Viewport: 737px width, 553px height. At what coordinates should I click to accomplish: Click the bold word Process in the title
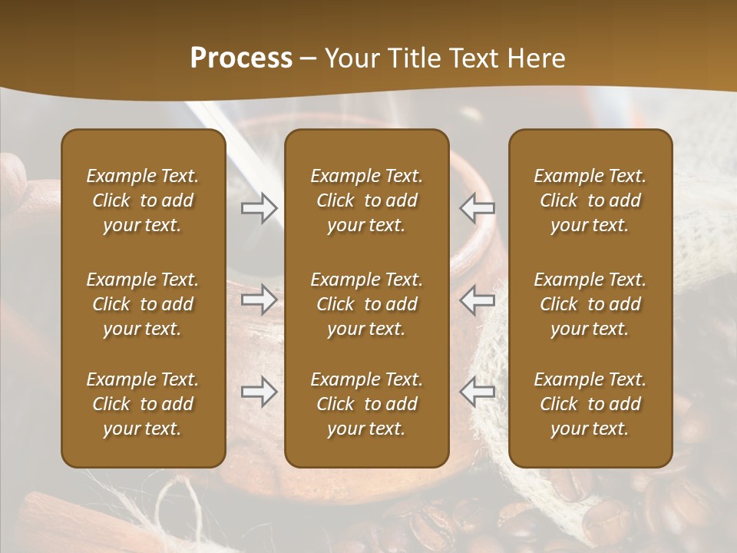click(241, 58)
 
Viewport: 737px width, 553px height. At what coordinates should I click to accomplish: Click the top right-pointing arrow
click(259, 208)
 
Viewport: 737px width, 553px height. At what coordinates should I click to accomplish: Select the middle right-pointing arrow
click(259, 299)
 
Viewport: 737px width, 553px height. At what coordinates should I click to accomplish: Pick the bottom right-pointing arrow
click(259, 392)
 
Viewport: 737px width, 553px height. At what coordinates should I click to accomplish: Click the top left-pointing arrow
click(478, 208)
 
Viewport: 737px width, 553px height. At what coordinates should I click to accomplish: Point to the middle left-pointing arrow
click(478, 299)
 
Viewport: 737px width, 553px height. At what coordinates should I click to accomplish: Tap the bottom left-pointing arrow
click(478, 392)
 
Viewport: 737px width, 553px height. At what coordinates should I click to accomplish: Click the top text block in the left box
click(143, 200)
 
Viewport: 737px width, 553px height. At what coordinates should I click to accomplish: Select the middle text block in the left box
click(143, 304)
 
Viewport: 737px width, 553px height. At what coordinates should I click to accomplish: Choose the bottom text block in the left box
click(143, 404)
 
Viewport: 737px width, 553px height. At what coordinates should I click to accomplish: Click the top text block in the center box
click(367, 200)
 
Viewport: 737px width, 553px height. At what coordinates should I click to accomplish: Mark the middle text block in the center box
click(367, 304)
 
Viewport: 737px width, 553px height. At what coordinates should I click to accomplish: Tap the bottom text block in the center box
click(367, 404)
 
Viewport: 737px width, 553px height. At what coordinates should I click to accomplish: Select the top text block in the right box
click(590, 200)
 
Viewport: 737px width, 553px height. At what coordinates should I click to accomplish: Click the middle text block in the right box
click(590, 304)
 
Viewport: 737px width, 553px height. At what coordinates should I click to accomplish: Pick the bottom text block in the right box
click(590, 404)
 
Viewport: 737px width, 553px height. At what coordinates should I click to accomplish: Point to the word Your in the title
click(349, 58)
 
